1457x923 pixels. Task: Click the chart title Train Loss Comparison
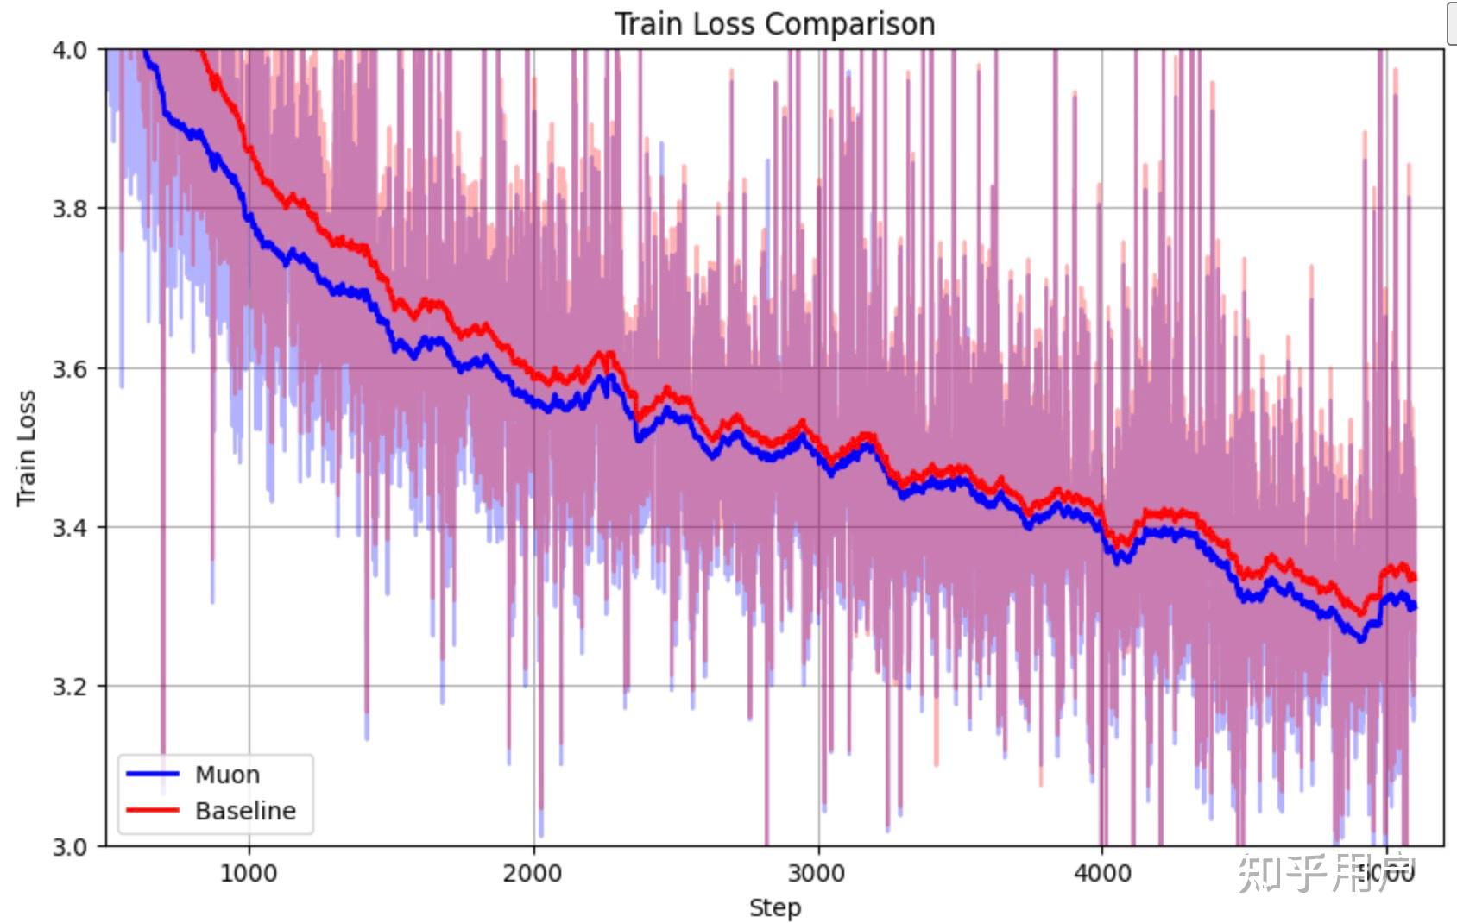point(774,23)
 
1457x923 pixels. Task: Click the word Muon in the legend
point(227,775)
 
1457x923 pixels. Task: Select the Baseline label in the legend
point(245,811)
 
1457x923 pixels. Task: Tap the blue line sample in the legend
point(153,774)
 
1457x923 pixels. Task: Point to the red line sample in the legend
point(153,810)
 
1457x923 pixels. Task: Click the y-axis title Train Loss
point(26,448)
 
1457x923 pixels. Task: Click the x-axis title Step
point(774,907)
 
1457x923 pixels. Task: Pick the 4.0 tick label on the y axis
point(69,50)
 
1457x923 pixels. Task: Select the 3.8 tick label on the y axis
point(69,209)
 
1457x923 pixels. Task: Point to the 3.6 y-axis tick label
point(69,368)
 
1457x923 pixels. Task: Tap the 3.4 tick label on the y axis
point(69,527)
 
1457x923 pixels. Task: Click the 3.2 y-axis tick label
point(69,687)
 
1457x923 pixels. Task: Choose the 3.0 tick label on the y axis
point(69,846)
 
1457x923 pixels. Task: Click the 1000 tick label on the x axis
point(249,873)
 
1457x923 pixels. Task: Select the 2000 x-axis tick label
point(533,873)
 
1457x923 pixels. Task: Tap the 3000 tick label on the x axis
point(817,873)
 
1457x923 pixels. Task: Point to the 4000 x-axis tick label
point(1102,873)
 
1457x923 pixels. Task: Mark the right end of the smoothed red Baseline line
point(1414,578)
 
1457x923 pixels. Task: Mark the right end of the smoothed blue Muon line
point(1414,606)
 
